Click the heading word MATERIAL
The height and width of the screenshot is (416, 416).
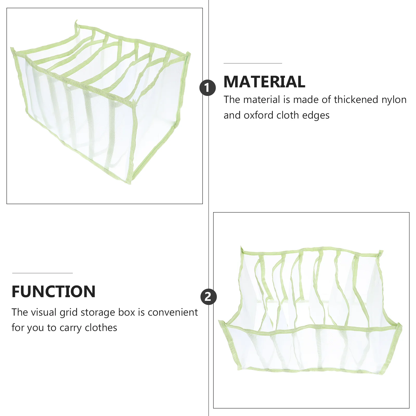coord(264,82)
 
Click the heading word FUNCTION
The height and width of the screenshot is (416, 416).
coord(54,291)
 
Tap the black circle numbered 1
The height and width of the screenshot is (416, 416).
coord(207,88)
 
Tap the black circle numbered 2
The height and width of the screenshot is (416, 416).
coord(209,297)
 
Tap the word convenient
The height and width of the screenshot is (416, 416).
coord(173,312)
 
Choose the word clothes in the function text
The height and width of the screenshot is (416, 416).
coord(101,328)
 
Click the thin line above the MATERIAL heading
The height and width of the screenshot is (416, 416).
coord(253,63)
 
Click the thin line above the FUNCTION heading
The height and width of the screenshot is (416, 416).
coord(42,273)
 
